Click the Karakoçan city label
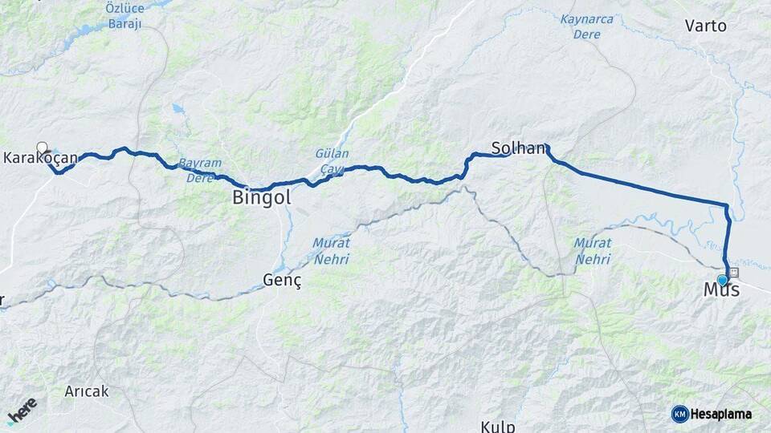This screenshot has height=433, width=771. [40, 159]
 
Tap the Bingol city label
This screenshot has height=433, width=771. [261, 197]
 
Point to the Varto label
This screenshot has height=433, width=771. [705, 26]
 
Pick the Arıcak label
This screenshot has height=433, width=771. [88, 392]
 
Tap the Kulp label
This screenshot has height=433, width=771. [498, 425]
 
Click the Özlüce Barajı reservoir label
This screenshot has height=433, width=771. [124, 15]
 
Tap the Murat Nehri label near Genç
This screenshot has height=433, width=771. [329, 250]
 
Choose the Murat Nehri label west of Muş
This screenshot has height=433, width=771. [594, 251]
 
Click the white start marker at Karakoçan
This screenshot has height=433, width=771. [42, 147]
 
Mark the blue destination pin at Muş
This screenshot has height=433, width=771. [722, 280]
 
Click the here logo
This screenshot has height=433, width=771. [22, 411]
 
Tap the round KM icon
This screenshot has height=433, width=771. [679, 414]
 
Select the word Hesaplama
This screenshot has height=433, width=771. [721, 415]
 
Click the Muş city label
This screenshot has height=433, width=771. [721, 290]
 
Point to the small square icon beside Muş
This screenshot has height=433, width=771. [734, 273]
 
